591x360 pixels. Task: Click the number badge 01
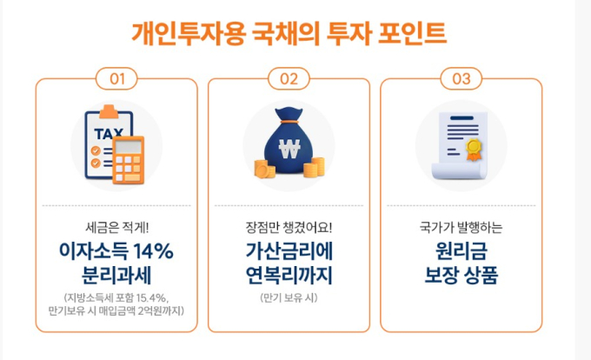coord(116,79)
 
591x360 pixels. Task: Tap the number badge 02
coord(289,79)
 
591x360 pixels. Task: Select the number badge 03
coord(462,79)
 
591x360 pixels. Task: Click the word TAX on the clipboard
coord(109,133)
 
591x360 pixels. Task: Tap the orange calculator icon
coord(128,160)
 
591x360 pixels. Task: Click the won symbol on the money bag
coord(289,149)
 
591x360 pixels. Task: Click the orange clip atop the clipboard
coord(109,110)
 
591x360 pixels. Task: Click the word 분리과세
coord(116,275)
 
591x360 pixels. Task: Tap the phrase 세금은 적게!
coord(116,227)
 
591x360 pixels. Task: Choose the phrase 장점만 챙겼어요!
coord(289,227)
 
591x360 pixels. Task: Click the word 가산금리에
coord(289,251)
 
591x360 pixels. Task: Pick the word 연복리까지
coord(289,275)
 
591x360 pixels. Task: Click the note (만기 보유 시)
coord(289,297)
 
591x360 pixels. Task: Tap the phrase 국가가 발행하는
coord(461,227)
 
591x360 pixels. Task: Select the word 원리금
coord(462,251)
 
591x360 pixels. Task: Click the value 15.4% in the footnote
coord(150,297)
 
